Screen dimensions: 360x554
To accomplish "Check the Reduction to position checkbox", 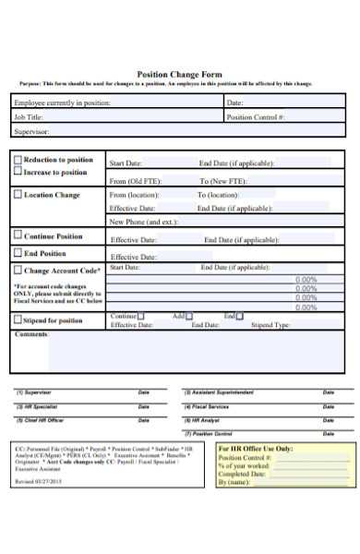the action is coord(18,160).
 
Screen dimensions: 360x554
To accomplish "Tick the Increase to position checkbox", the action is coord(18,172).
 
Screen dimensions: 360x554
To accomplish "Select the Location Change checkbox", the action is coord(18,195).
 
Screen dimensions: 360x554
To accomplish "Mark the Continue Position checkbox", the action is coord(18,235).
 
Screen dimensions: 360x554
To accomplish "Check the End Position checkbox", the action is coord(18,252).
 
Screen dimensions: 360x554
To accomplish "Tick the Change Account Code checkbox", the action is coord(18,271).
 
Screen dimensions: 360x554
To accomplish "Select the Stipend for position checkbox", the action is coord(18,320).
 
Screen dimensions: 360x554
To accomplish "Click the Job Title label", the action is coord(29,117).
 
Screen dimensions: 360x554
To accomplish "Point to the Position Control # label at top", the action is coord(256,117).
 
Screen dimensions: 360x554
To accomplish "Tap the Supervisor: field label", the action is coord(33,132).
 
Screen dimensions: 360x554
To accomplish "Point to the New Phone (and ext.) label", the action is coord(143,222).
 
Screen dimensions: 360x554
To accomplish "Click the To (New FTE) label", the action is coord(222,181).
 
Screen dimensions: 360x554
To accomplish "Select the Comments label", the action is coord(32,334).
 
